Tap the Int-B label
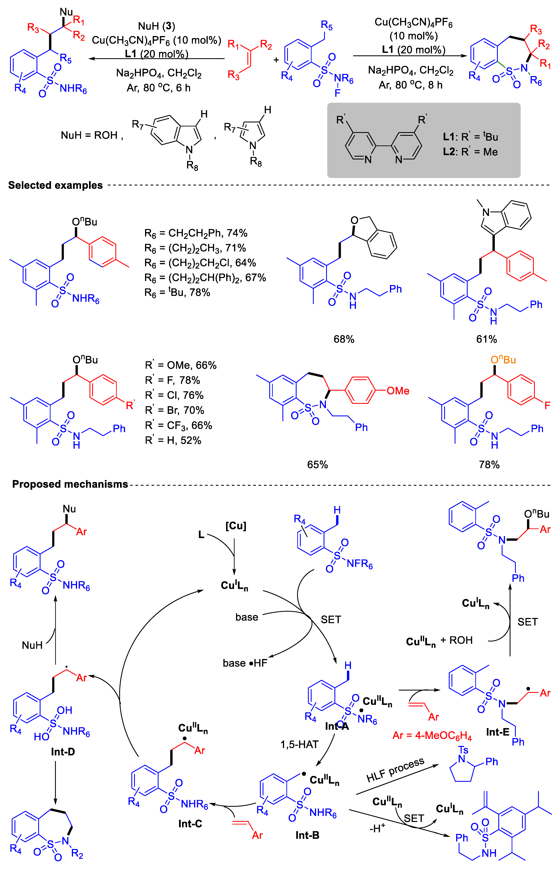307,835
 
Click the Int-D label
63,752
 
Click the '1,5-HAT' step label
299,745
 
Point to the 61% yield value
486,339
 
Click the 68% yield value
344,339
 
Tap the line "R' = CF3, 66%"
178,425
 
